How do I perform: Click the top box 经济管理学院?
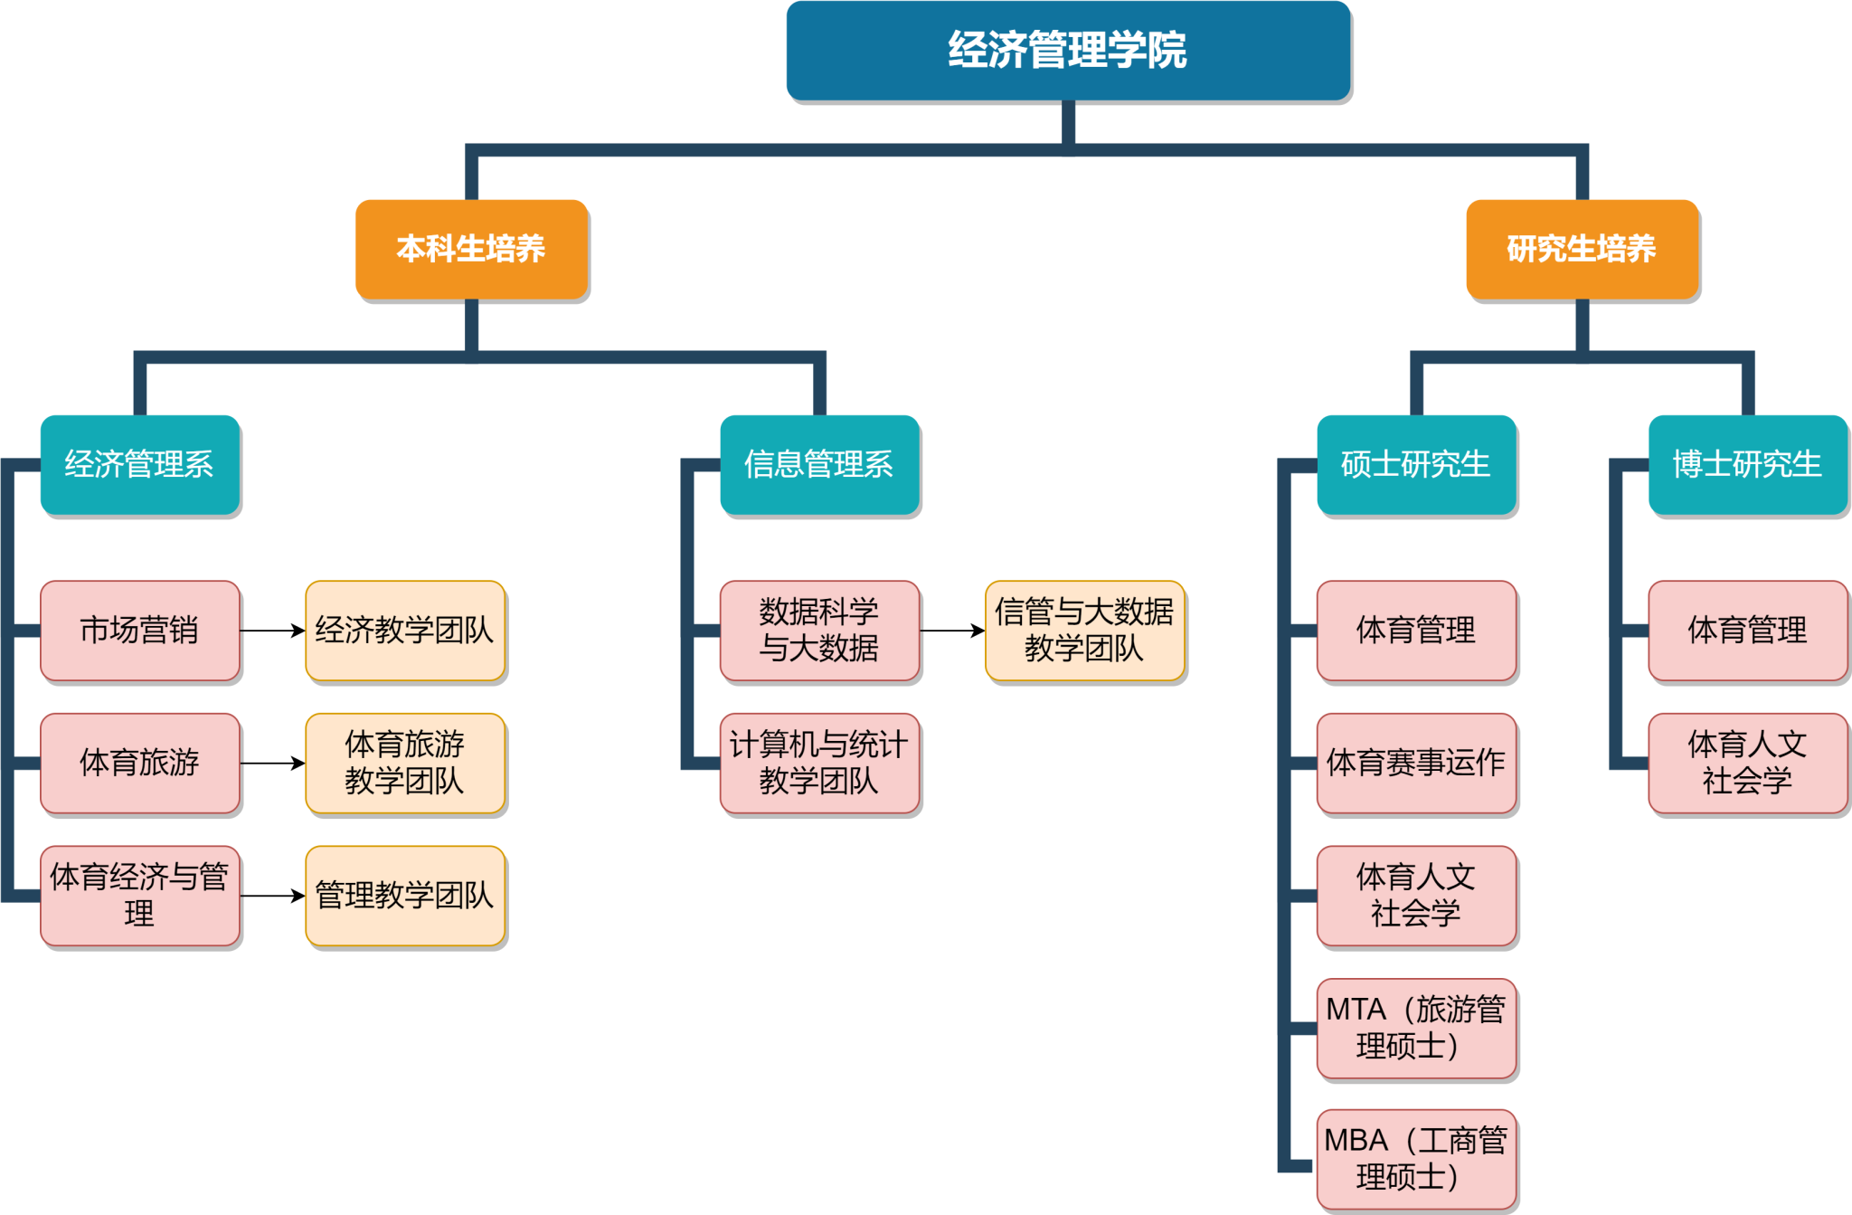[x=1068, y=51]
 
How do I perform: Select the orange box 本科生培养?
[x=471, y=249]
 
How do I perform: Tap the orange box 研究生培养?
[x=1582, y=249]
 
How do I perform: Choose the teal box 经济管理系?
[x=140, y=464]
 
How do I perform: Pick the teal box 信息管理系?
[x=819, y=464]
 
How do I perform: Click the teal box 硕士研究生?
[x=1416, y=464]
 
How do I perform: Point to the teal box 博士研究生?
[x=1747, y=464]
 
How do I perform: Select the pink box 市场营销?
[x=140, y=631]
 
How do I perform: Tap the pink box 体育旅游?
[x=140, y=763]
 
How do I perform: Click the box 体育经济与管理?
[x=140, y=896]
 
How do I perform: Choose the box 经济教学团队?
[x=405, y=631]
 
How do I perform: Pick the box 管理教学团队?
[x=405, y=896]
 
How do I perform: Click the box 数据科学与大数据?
[x=819, y=631]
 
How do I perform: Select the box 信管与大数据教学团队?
[x=1084, y=631]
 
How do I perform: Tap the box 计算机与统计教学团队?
[x=819, y=763]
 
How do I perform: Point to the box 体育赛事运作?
[x=1416, y=763]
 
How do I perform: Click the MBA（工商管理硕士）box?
[x=1416, y=1159]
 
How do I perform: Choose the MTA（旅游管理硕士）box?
[x=1416, y=1028]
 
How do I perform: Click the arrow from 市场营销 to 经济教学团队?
[x=272, y=631]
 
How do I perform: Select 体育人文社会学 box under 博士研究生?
[x=1747, y=763]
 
